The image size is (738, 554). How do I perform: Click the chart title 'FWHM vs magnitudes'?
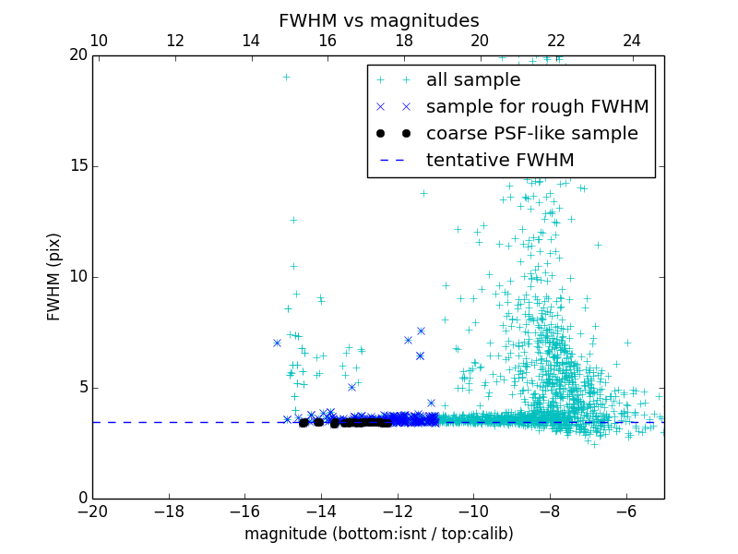(x=378, y=20)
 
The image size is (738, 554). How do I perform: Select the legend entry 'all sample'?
(x=473, y=80)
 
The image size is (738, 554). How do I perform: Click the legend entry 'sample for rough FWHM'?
(x=537, y=107)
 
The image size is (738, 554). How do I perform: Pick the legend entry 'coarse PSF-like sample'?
(x=531, y=134)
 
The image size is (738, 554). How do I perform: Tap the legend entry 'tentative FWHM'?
(x=500, y=161)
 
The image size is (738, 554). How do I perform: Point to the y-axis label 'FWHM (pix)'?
(x=54, y=277)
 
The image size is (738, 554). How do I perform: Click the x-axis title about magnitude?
(x=378, y=534)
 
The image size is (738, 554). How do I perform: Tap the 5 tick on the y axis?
(x=81, y=388)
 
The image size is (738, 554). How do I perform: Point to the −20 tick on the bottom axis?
(x=92, y=512)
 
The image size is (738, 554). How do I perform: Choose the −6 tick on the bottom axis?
(x=626, y=512)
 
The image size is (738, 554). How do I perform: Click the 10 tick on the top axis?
(x=99, y=41)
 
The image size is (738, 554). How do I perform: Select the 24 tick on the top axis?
(x=632, y=41)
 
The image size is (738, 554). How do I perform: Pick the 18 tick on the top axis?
(x=404, y=41)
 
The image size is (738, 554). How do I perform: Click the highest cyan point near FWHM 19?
(x=286, y=78)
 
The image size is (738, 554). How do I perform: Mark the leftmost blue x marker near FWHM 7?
(x=277, y=343)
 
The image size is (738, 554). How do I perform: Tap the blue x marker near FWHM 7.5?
(x=421, y=331)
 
